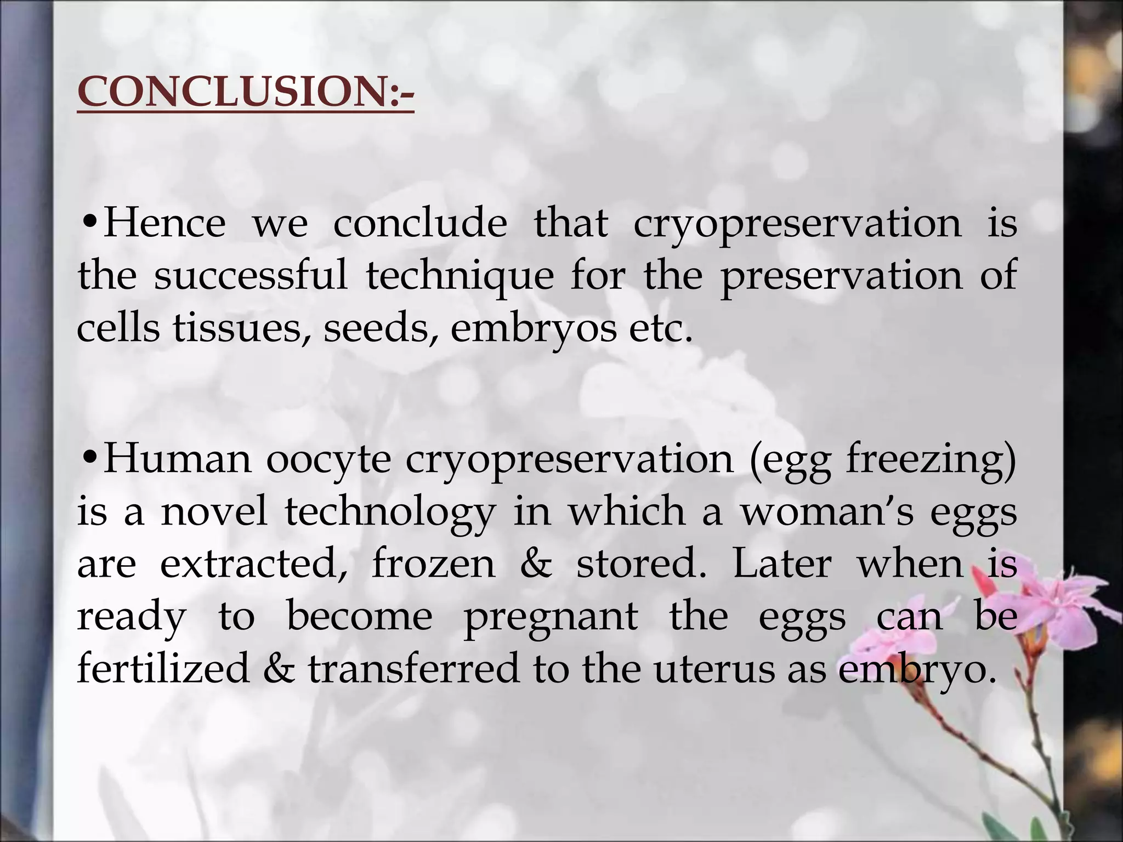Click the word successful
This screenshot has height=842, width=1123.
[x=251, y=275]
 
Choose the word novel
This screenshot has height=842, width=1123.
[x=214, y=512]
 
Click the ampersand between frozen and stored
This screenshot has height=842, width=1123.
[x=535, y=565]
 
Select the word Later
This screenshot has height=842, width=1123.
[x=782, y=565]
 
